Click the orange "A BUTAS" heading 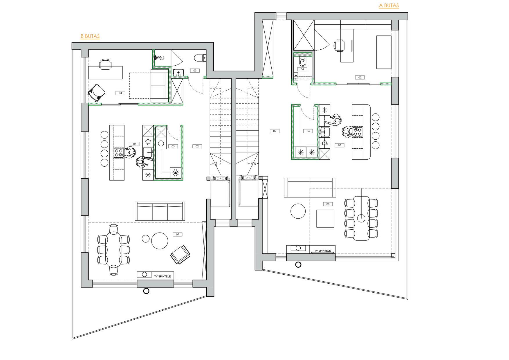tap(389, 6)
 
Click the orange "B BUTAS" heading tap(90, 36)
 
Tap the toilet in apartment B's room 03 tap(201, 58)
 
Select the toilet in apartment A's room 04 tap(302, 62)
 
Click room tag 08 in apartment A tap(328, 204)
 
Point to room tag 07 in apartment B tap(177, 234)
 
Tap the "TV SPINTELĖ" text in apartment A tap(323, 251)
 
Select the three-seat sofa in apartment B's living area tap(160, 211)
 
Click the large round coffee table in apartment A tap(298, 211)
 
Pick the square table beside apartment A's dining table tap(325, 219)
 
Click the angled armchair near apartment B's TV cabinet tap(180, 255)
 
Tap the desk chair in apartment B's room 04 tap(105, 64)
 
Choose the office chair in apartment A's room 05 tap(339, 45)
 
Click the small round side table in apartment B tap(146, 239)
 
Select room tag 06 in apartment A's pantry tap(308, 131)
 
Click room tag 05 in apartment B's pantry tap(173, 146)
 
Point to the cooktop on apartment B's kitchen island tap(119, 153)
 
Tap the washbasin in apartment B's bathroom tap(159, 57)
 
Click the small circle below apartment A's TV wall tap(298, 264)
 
